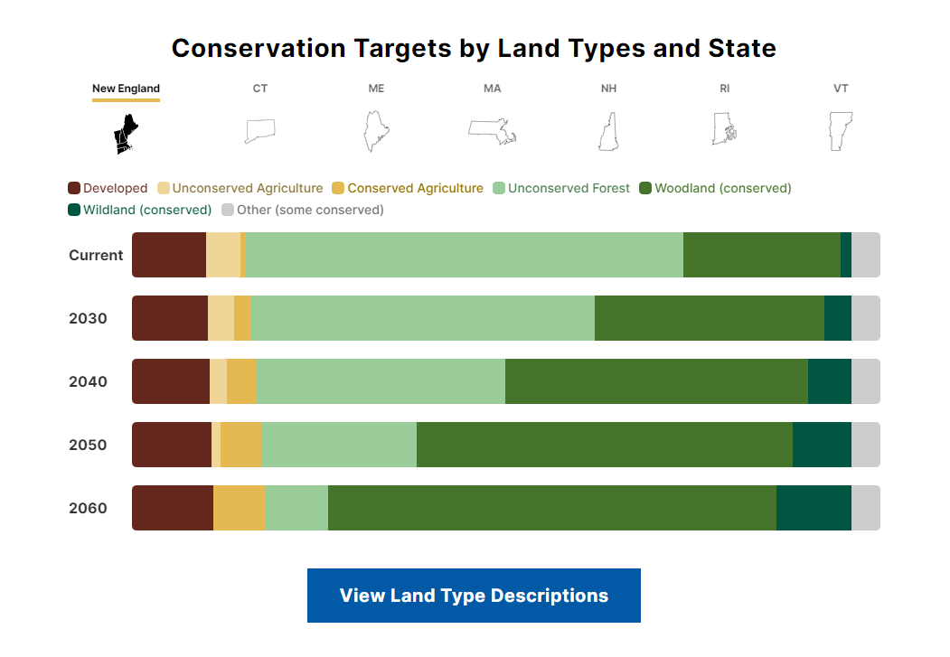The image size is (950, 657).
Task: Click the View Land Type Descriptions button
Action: (474, 596)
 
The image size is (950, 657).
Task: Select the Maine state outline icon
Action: (375, 131)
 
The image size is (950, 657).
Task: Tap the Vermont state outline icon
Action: (841, 131)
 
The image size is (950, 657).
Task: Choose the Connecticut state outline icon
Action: (259, 131)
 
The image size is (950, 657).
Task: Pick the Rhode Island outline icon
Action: (724, 129)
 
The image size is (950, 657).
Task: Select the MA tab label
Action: (492, 89)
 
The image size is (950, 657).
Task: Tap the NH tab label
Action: (608, 89)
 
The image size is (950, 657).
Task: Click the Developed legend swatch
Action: (74, 189)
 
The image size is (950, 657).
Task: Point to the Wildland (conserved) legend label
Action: (147, 210)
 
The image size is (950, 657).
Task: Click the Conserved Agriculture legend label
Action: (415, 188)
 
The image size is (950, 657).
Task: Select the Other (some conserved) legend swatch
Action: (228, 210)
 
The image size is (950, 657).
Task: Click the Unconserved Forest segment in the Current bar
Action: (464, 255)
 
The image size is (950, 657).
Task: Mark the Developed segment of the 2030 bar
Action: (170, 318)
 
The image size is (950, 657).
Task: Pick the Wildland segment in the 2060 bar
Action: (814, 508)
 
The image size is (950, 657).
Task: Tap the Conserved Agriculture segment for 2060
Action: (239, 508)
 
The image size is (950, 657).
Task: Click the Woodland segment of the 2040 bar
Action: (656, 381)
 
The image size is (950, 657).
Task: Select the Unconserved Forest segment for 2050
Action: (339, 445)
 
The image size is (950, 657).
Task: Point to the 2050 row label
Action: (88, 445)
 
